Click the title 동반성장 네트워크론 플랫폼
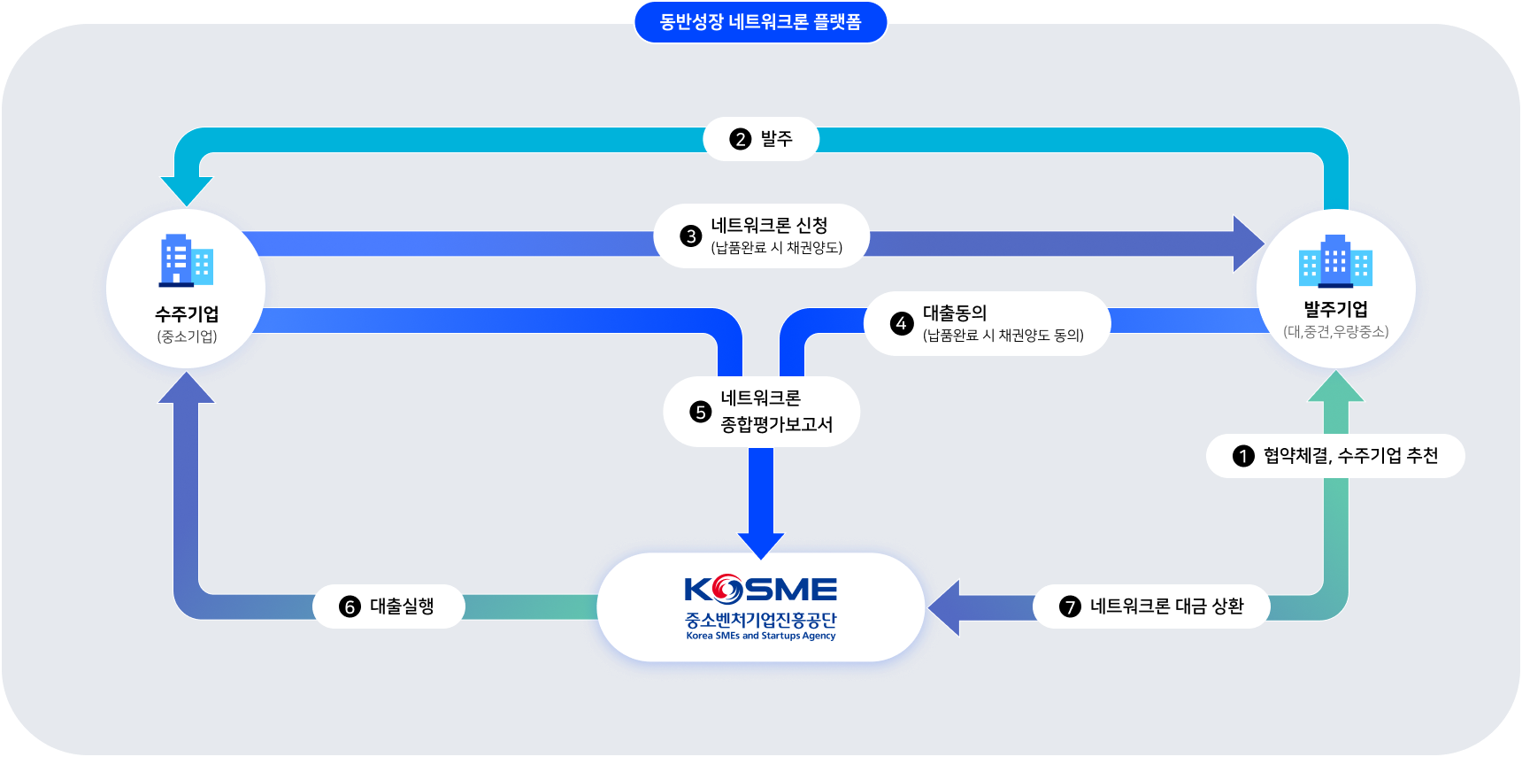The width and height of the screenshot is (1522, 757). pyautogui.click(x=760, y=22)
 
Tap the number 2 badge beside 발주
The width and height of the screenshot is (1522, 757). pyautogui.click(x=740, y=139)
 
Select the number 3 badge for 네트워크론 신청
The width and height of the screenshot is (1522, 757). pyautogui.click(x=690, y=236)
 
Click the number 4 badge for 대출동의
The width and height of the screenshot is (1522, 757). pyautogui.click(x=901, y=323)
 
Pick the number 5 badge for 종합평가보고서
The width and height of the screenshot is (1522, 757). pyautogui.click(x=700, y=412)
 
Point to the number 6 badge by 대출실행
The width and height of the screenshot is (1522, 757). pyautogui.click(x=350, y=606)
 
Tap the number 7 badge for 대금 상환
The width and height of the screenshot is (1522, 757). pyautogui.click(x=1070, y=606)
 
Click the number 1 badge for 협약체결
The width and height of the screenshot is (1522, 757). pyautogui.click(x=1243, y=456)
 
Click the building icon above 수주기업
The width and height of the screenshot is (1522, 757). pyautogui.click(x=186, y=260)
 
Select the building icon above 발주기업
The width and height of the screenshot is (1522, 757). pyautogui.click(x=1335, y=261)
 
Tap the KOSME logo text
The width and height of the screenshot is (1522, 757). pyautogui.click(x=760, y=590)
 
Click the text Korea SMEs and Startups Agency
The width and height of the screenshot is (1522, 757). pyautogui.click(x=760, y=636)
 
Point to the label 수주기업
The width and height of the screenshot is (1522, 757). pyautogui.click(x=187, y=314)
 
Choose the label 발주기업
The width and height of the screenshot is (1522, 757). pyautogui.click(x=1335, y=309)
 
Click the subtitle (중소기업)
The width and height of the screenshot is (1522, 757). pyautogui.click(x=187, y=336)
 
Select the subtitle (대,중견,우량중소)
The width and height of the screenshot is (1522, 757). pyautogui.click(x=1335, y=332)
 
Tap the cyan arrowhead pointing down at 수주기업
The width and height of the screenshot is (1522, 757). pyautogui.click(x=186, y=189)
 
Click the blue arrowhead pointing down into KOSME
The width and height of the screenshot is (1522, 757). pyautogui.click(x=760, y=544)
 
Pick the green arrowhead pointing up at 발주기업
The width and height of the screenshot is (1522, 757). pyautogui.click(x=1335, y=388)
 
